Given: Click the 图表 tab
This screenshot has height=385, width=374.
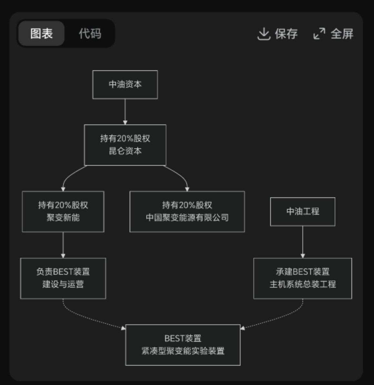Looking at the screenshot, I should click(x=41, y=34).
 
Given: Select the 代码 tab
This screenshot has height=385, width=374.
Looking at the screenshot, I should click(x=90, y=34).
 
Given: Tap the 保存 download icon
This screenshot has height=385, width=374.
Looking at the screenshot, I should click(x=263, y=34).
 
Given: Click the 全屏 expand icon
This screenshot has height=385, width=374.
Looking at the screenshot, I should click(x=319, y=34).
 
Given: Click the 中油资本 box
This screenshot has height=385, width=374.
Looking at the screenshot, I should click(x=125, y=84).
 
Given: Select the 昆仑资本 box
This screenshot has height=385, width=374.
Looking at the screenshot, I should click(x=125, y=145).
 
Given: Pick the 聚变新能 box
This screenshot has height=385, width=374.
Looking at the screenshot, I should click(x=63, y=212).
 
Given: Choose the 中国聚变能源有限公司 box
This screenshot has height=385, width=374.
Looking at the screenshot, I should click(x=187, y=212).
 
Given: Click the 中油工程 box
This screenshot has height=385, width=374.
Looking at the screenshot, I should click(x=302, y=212).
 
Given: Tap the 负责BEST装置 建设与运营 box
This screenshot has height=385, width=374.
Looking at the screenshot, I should click(x=63, y=278).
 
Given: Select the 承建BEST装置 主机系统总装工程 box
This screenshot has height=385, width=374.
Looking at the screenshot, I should click(x=302, y=278).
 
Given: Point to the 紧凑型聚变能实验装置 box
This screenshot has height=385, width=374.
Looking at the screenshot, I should click(x=183, y=345).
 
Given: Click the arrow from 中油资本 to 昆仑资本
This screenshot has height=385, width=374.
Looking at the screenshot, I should click(x=125, y=112).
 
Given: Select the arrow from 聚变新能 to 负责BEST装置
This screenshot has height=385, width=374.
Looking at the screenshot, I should click(x=63, y=245).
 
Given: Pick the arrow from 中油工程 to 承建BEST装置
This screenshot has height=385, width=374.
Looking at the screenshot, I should click(x=302, y=242).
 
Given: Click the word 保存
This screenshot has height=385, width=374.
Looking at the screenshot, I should click(x=286, y=34).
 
